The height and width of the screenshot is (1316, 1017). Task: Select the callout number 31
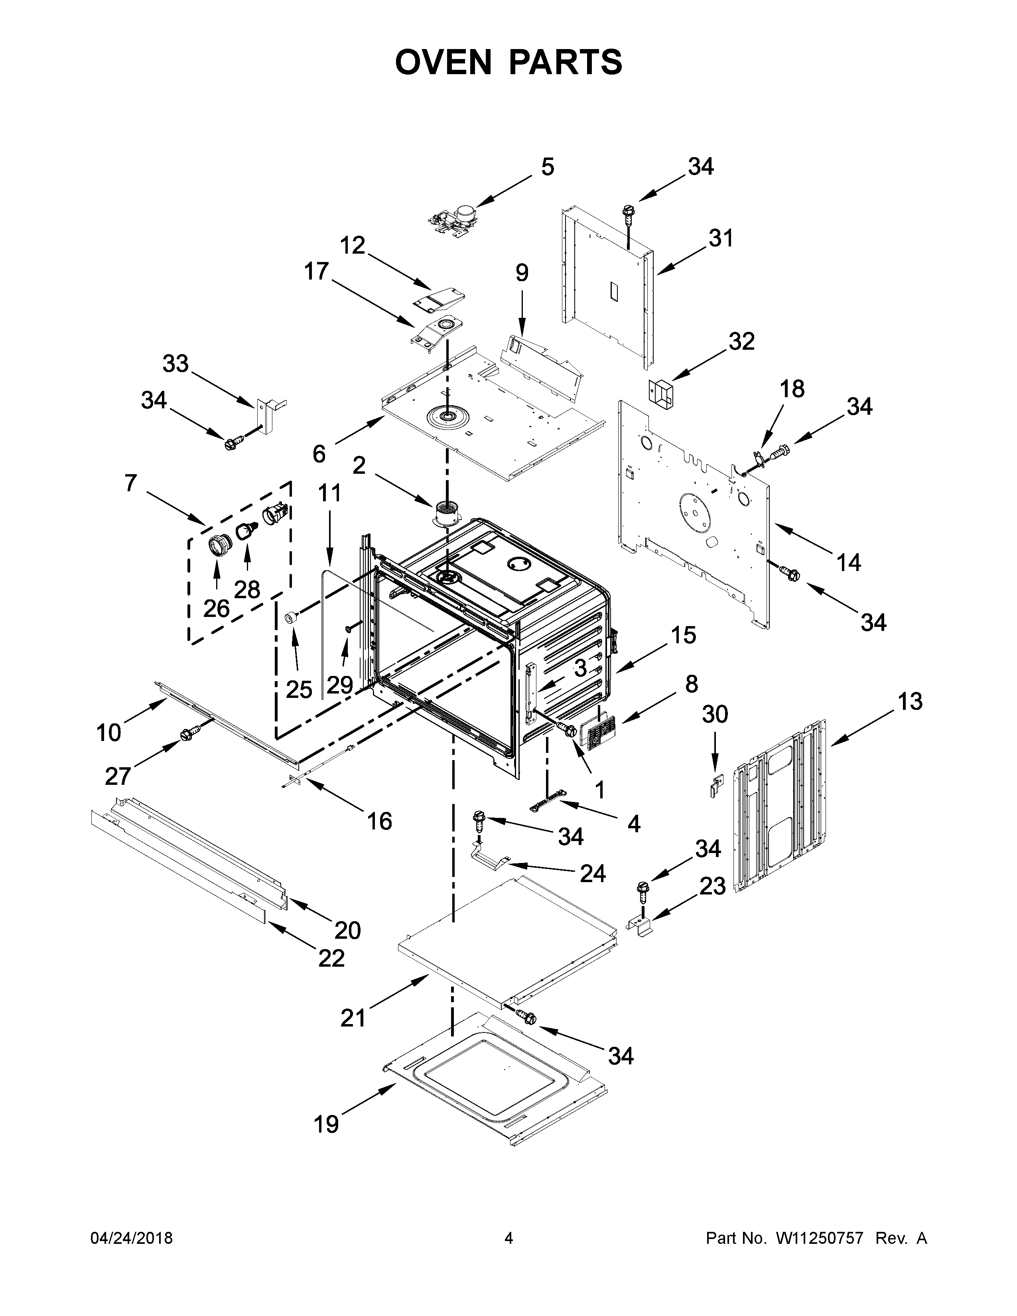click(721, 238)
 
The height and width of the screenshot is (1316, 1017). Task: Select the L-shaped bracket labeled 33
click(269, 414)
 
